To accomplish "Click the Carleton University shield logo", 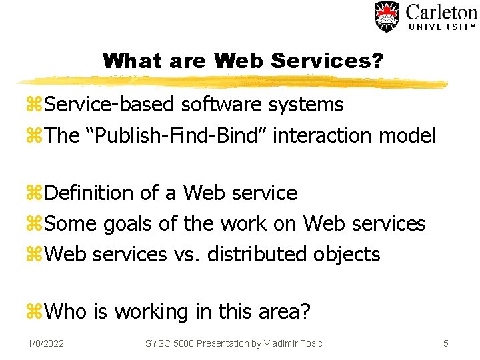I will point(386,17).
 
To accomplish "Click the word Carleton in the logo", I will point(441,12).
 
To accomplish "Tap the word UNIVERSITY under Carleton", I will point(441,27).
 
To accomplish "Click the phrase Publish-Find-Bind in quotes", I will point(177,136).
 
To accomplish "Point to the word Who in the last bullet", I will point(68,312).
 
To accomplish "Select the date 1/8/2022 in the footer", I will point(46,343).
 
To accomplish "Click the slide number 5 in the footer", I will point(446,343).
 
